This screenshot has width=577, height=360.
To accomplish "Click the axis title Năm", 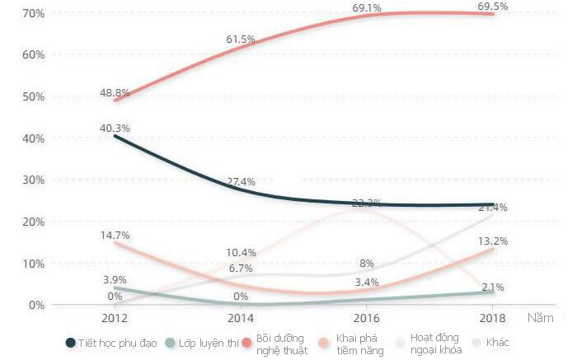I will pos(542,317).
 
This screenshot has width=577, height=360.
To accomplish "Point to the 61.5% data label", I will pos(240,39).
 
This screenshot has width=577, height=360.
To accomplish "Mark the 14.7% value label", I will pos(115,235).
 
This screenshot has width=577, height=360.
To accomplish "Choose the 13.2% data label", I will pos(492,241).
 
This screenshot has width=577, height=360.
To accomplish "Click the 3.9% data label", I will pos(115,280).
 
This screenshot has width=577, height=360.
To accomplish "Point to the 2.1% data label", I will pos(492,287).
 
